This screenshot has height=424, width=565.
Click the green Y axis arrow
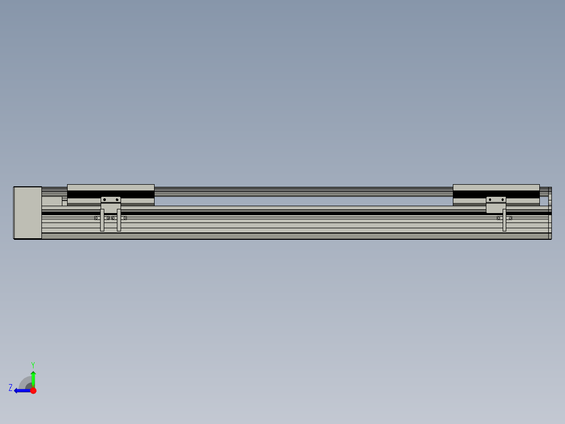[33, 378]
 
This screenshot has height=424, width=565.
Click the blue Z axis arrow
[21, 390]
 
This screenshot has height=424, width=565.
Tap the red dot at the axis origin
[33, 390]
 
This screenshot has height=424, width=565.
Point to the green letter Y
[33, 364]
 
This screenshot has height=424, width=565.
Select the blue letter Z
[10, 388]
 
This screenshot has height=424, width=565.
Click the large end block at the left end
[28, 213]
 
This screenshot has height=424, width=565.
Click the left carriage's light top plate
[111, 187]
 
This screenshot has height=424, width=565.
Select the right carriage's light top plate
[496, 187]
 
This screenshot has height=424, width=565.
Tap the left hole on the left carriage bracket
[104, 199]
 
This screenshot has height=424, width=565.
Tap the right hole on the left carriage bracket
[117, 199]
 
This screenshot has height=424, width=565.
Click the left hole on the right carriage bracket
[490, 199]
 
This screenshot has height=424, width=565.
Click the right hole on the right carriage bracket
[502, 199]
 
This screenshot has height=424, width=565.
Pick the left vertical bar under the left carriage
[102, 220]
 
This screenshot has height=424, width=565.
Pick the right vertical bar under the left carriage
[119, 220]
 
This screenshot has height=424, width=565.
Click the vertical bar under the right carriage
[504, 220]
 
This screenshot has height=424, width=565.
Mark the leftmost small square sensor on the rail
[96, 218]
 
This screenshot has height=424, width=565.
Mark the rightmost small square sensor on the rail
[510, 218]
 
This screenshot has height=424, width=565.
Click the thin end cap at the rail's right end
[550, 213]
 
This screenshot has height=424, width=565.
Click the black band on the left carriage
[84, 194]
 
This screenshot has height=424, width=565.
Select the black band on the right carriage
[469, 194]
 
